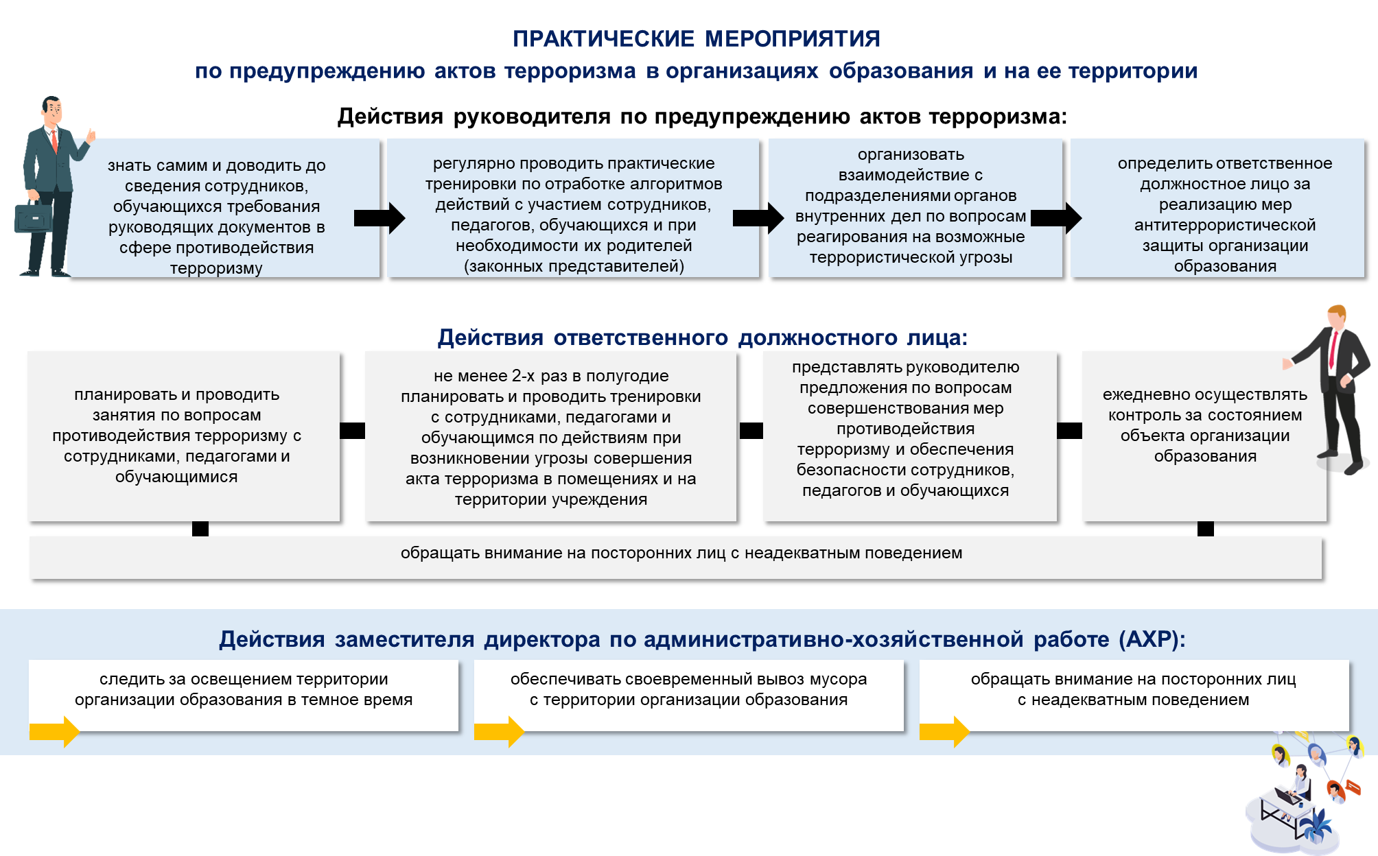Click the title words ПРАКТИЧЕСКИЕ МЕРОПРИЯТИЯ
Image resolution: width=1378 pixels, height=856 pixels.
pyautogui.click(x=696, y=39)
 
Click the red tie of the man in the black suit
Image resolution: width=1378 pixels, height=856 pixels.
pyautogui.click(x=1333, y=350)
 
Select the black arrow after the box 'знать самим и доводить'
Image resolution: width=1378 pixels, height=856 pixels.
pyautogui.click(x=379, y=218)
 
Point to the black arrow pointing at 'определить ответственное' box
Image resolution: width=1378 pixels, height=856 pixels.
pyautogui.click(x=1056, y=218)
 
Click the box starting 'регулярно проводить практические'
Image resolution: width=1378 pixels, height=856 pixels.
pyautogui.click(x=573, y=209)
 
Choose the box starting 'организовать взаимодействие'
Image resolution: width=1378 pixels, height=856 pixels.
pyautogui.click(x=915, y=209)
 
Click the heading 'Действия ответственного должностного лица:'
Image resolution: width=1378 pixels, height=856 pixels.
pyautogui.click(x=703, y=337)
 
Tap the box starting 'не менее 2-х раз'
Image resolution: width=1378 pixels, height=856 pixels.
pyautogui.click(x=550, y=436)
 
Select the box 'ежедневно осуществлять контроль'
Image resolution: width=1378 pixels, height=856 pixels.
pyautogui.click(x=1204, y=436)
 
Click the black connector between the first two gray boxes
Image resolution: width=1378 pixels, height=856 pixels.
pyautogui.click(x=353, y=430)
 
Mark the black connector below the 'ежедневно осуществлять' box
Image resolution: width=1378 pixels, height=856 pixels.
pyautogui.click(x=1206, y=529)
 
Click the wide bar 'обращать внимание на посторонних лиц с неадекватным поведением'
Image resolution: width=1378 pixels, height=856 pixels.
pyautogui.click(x=676, y=558)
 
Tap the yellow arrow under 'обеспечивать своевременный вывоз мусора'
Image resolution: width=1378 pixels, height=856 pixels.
pyautogui.click(x=500, y=732)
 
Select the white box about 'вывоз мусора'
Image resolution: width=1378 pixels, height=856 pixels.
pyautogui.click(x=689, y=695)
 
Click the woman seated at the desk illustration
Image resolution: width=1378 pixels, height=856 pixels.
pyautogui.click(x=1299, y=784)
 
